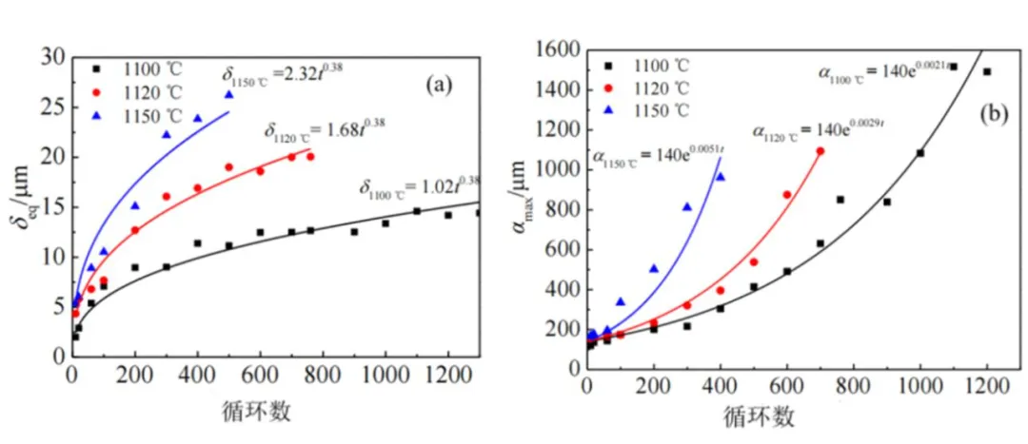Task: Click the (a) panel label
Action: (439, 85)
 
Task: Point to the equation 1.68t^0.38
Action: (326, 129)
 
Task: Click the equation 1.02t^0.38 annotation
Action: (422, 185)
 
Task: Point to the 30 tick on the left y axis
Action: (54, 57)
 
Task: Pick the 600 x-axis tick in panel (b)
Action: (786, 385)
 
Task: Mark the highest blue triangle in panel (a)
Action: (228, 95)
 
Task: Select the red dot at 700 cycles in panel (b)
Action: (820, 151)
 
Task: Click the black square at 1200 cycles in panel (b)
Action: (987, 71)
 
